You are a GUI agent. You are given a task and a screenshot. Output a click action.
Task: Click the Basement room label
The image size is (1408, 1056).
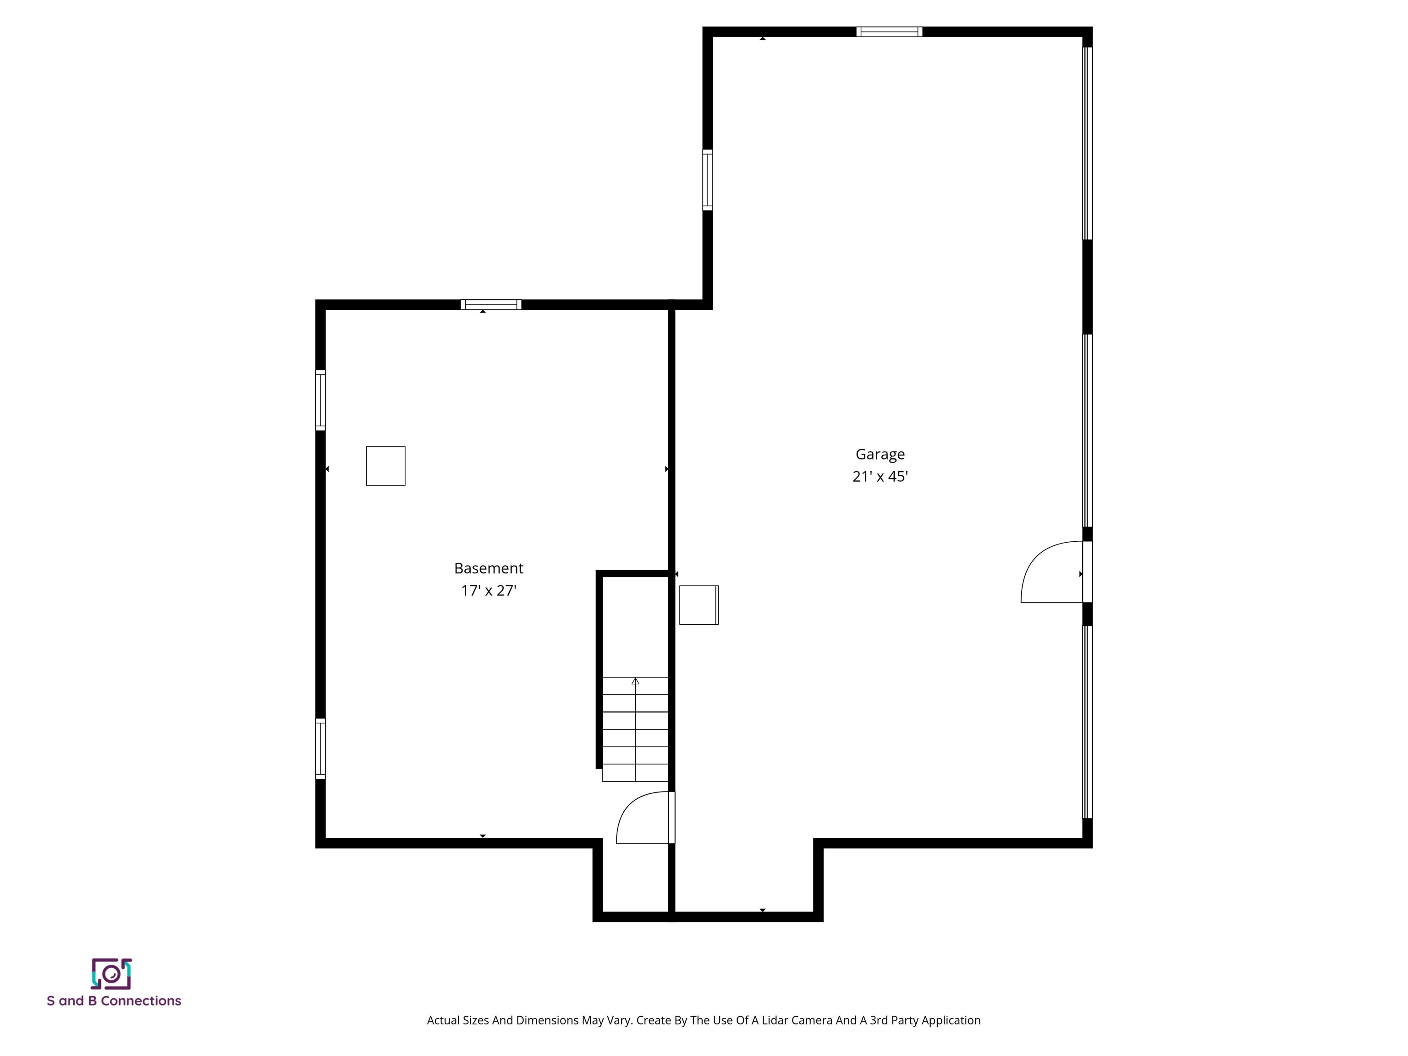click(x=488, y=568)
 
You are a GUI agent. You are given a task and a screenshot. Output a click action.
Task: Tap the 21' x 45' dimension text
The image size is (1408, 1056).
click(x=880, y=477)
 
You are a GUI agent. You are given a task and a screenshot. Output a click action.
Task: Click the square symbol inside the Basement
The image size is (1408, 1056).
click(x=385, y=466)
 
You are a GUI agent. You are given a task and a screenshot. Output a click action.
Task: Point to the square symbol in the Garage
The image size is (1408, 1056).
click(x=698, y=605)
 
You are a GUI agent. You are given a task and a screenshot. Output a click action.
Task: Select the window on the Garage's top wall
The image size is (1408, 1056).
click(x=889, y=32)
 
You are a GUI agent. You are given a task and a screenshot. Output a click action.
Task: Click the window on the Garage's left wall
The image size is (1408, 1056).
click(x=707, y=180)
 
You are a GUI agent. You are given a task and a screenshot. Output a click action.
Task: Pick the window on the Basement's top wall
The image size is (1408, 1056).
click(x=491, y=304)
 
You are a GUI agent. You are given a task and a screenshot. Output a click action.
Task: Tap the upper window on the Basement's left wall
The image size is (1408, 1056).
click(x=320, y=400)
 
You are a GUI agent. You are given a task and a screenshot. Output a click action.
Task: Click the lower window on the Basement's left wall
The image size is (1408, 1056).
click(x=320, y=748)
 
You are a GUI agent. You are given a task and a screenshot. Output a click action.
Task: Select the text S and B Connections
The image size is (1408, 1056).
click(x=114, y=1001)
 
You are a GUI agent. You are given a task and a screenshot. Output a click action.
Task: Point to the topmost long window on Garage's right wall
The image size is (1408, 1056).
click(x=1088, y=143)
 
